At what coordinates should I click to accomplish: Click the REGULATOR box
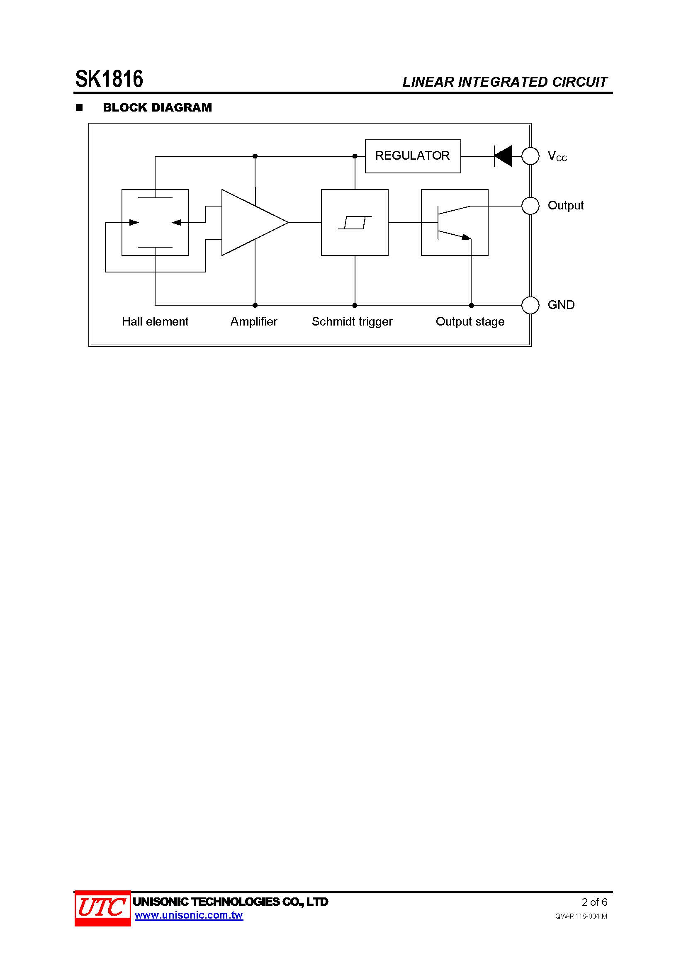413,156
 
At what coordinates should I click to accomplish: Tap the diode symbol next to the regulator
503,156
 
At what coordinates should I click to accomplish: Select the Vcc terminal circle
530,156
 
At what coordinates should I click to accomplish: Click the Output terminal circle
530,206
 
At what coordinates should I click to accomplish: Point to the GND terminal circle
530,305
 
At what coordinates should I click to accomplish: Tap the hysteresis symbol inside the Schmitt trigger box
355,222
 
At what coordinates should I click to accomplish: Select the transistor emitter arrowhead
466,237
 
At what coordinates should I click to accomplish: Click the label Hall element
155,321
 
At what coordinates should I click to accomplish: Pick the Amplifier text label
253,321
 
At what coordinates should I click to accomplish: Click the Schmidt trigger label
352,321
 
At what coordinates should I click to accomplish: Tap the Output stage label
470,321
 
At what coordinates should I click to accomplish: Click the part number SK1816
109,79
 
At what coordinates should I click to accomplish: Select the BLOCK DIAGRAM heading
157,108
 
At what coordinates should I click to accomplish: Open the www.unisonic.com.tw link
188,915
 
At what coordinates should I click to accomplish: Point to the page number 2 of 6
594,902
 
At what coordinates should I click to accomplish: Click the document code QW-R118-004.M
581,916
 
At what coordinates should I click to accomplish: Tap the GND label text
561,305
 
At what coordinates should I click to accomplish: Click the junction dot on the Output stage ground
471,305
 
